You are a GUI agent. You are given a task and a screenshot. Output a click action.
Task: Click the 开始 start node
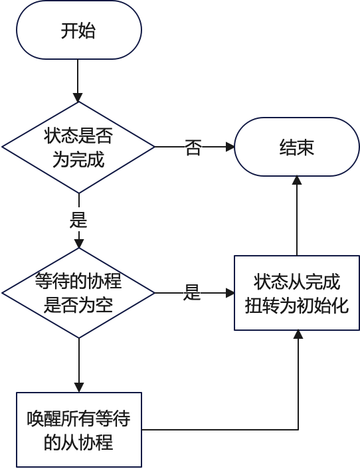coord(78,31)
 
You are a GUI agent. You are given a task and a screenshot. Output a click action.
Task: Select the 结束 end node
coord(296,147)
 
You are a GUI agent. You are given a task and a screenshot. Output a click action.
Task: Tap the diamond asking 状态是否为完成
coord(78,147)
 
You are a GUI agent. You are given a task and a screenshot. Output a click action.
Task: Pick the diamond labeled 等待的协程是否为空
coord(78,292)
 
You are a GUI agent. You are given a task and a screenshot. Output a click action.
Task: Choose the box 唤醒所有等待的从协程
coord(78,429)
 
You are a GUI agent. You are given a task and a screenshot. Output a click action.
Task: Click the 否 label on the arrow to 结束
coord(193,147)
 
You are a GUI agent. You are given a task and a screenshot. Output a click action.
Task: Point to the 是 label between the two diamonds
coord(78,219)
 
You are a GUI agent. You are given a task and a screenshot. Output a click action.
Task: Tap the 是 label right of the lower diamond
coord(193,292)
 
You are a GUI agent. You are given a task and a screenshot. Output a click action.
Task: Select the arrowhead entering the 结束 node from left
coord(230,147)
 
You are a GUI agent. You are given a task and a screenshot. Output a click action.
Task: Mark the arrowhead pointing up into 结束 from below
coord(297,181)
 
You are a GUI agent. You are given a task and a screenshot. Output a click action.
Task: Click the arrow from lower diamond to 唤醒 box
coord(78,362)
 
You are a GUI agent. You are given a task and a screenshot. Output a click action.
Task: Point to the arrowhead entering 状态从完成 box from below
coord(298,335)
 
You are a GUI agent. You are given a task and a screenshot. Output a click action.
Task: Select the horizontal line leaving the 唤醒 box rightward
coord(219,429)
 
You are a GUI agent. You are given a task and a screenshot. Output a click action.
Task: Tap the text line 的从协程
coord(78,442)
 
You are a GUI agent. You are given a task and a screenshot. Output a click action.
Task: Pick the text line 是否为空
coord(78,306)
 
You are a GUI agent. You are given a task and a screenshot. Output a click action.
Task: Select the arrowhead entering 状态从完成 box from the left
coord(230,292)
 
